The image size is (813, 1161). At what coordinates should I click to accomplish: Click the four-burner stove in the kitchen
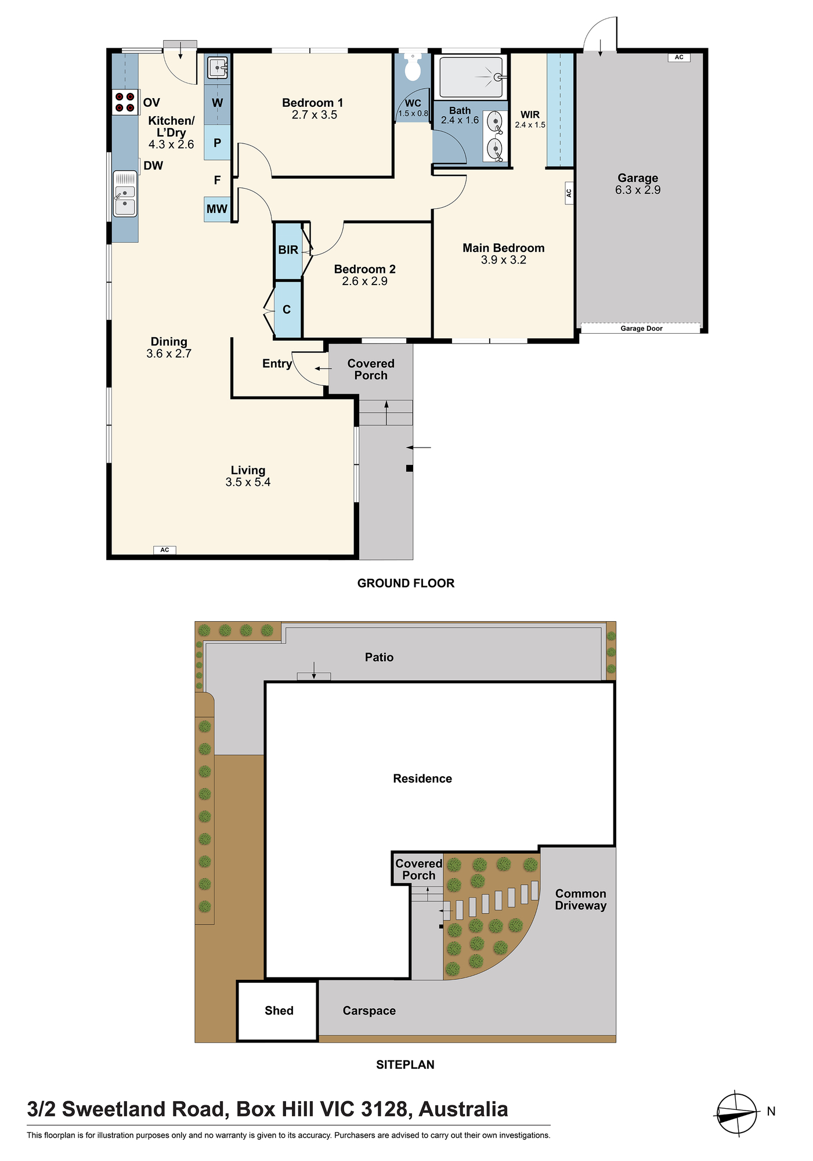tap(125, 102)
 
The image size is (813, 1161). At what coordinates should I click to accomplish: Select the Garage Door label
tap(641, 329)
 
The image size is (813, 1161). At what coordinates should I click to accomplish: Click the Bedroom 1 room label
tap(313, 103)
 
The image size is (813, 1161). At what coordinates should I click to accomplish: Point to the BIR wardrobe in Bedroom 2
tap(288, 250)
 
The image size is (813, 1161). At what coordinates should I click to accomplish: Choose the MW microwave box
tap(217, 209)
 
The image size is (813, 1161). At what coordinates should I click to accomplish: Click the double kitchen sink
tap(125, 194)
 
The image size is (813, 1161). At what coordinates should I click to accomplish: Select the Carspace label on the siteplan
tap(369, 1011)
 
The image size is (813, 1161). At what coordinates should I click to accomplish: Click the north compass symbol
tap(737, 1113)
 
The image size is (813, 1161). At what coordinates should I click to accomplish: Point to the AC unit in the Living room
tap(165, 550)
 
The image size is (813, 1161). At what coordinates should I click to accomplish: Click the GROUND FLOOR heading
tap(406, 583)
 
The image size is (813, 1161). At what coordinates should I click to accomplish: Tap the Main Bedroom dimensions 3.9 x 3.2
tap(504, 260)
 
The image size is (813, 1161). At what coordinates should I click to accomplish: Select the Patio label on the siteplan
tap(379, 657)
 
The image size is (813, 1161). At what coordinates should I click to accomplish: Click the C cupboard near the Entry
tap(287, 309)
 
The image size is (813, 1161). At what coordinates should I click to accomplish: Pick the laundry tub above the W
tap(218, 68)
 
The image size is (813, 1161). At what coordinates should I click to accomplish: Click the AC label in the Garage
tap(679, 57)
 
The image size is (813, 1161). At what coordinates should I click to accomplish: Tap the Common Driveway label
tap(580, 899)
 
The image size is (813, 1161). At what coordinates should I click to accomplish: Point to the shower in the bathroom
tap(471, 77)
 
